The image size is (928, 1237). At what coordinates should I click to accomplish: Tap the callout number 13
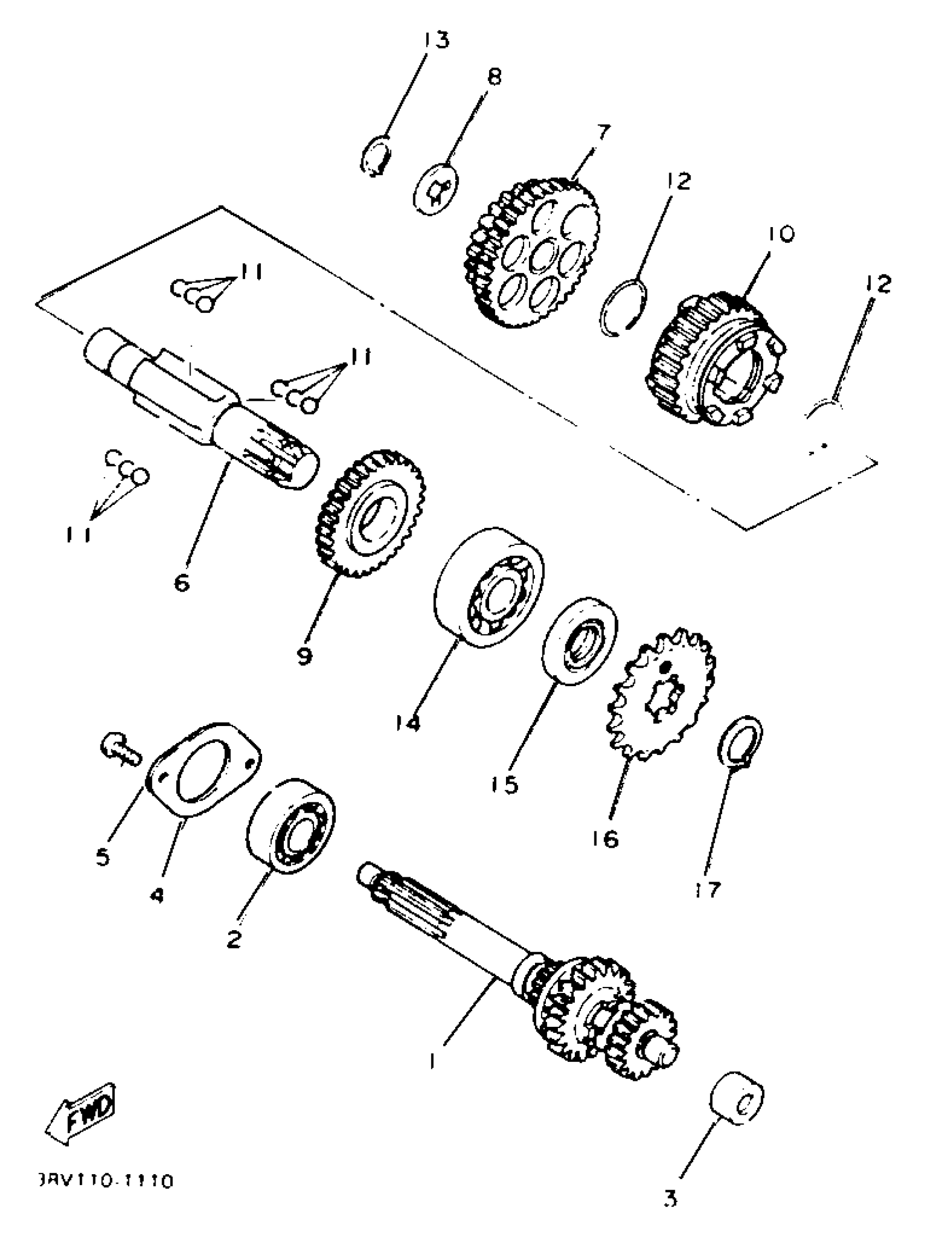[x=435, y=40]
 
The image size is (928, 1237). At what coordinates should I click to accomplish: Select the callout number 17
[x=707, y=889]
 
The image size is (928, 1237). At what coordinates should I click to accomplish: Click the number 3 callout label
[x=670, y=1198]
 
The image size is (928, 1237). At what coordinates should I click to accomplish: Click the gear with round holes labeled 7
[x=531, y=252]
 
